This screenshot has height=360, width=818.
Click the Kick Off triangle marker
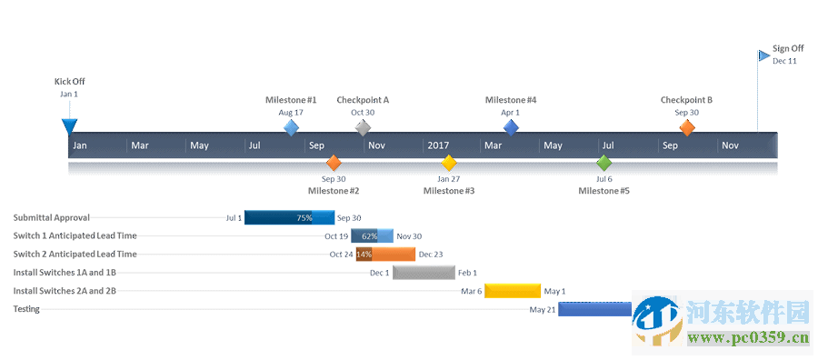[69, 125]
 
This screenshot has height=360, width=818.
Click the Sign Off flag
[764, 55]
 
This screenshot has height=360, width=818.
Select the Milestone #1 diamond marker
[291, 128]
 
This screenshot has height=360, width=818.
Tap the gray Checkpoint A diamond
[363, 127]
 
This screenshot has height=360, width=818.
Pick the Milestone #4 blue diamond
[511, 128]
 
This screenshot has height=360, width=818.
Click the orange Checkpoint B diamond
[687, 128]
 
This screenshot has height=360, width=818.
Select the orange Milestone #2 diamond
[334, 163]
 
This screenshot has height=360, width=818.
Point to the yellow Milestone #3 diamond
[448, 163]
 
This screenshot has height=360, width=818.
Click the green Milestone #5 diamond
[604, 163]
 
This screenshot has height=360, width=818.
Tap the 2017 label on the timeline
[438, 145]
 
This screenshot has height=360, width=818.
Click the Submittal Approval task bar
[289, 218]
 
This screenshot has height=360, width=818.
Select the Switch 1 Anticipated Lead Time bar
[372, 236]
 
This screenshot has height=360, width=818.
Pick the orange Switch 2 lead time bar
[385, 255]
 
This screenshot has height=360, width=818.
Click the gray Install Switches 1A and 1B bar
[424, 273]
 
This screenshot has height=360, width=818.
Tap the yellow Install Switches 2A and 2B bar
[513, 291]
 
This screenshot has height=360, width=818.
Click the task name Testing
[25, 309]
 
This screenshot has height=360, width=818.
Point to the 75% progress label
[304, 218]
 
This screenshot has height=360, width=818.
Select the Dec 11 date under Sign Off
[785, 61]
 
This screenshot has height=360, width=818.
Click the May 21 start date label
[543, 309]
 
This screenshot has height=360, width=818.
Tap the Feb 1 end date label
[467, 273]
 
